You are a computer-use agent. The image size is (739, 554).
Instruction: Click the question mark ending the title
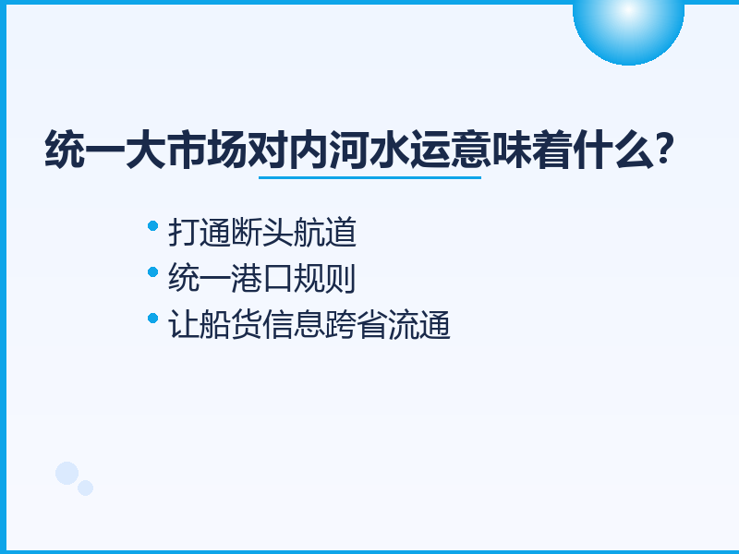664,149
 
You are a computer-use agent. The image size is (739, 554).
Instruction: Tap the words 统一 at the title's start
85,150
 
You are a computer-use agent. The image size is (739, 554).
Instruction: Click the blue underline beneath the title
370,177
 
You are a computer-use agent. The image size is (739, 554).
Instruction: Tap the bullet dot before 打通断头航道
152,226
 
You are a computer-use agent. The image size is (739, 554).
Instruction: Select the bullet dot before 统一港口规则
152,272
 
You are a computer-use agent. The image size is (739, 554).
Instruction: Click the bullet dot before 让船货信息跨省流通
152,319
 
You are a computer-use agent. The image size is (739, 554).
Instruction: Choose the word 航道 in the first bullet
325,233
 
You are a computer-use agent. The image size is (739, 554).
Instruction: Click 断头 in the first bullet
262,233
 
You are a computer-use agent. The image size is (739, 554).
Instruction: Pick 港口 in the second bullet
262,279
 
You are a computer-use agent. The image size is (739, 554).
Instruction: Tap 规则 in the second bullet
324,279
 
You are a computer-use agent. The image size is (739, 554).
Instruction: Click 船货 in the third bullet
231,325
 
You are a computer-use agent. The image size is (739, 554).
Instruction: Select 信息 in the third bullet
293,325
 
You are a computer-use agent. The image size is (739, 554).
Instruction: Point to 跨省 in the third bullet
356,325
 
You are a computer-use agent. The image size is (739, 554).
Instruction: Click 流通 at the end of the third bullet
418,325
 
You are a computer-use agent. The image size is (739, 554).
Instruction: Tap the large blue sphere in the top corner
628,29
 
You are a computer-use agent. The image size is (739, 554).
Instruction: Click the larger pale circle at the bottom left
67,473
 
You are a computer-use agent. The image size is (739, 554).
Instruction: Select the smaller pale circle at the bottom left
85,488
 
